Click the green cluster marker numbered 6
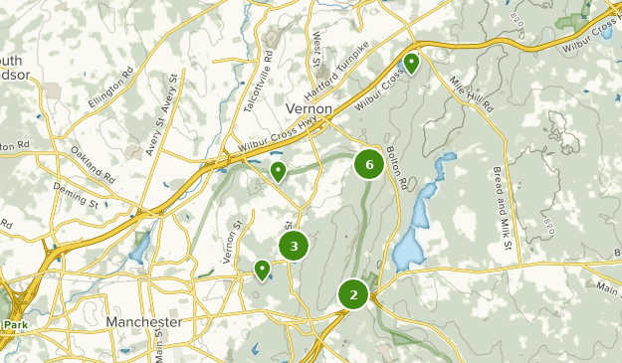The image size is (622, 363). click(369, 164)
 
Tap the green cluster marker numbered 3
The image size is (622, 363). click(294, 246)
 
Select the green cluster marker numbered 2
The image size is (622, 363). click(353, 294)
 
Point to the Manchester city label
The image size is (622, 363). click(144, 323)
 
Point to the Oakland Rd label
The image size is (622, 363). click(93, 163)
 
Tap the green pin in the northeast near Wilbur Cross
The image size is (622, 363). click(410, 64)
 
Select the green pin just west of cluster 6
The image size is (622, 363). click(279, 172)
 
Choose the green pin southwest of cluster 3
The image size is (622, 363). click(262, 269)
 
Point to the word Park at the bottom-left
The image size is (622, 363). click(15, 325)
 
